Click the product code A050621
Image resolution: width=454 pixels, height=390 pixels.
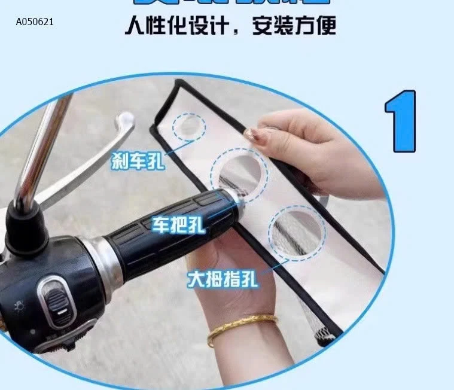(x=35, y=22)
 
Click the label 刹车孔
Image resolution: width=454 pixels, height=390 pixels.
(x=137, y=160)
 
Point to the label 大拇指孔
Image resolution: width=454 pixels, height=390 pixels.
(x=223, y=279)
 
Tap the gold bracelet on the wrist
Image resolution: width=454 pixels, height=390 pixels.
(x=242, y=328)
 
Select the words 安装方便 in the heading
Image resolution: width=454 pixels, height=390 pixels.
(x=294, y=27)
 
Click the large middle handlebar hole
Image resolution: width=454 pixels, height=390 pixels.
(x=239, y=173)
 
